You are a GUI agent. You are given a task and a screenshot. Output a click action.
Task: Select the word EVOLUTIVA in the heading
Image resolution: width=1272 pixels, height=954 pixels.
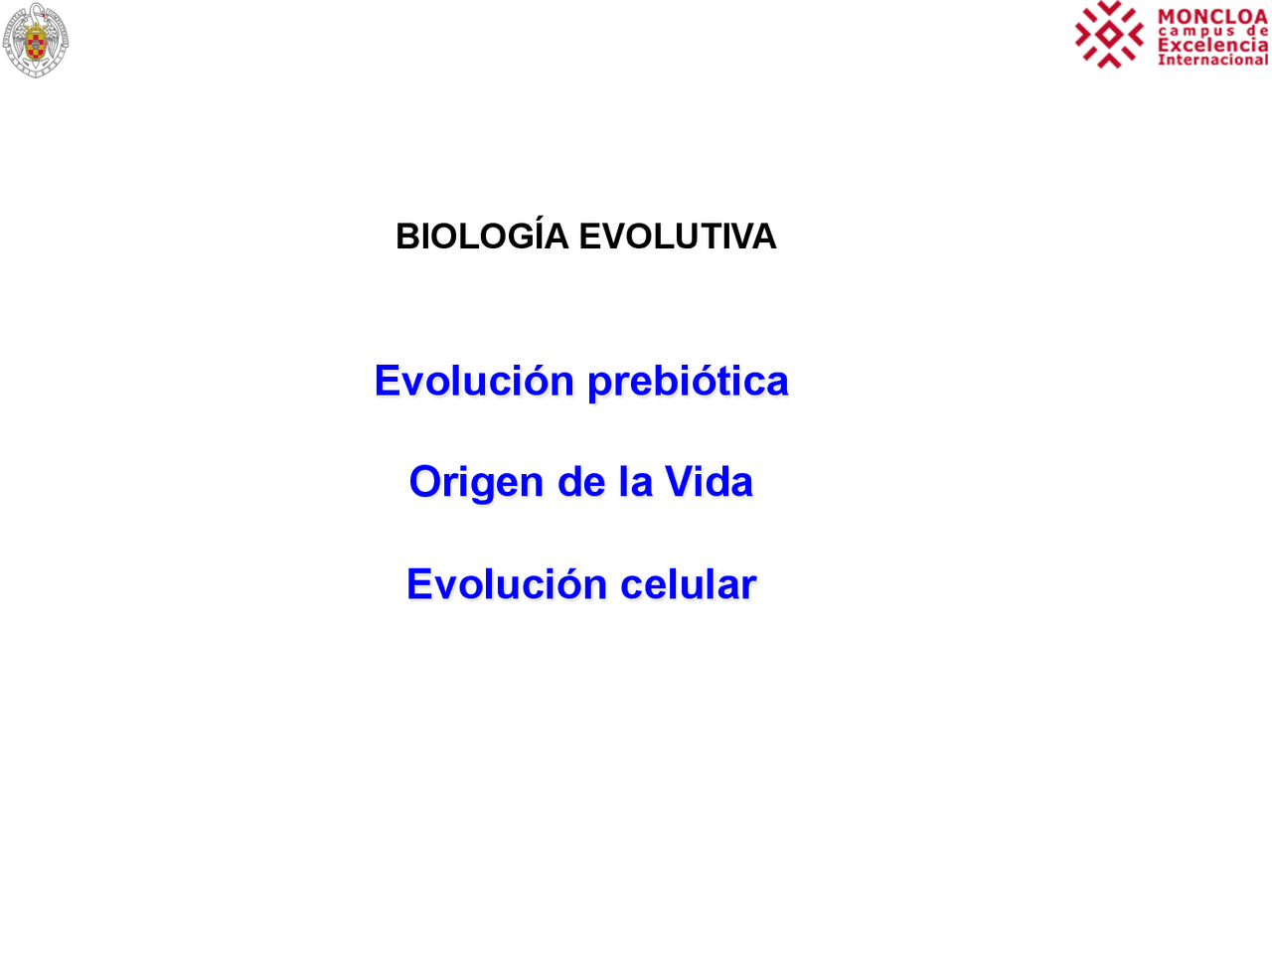(677, 237)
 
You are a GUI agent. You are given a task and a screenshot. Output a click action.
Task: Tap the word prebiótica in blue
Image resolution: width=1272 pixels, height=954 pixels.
(688, 382)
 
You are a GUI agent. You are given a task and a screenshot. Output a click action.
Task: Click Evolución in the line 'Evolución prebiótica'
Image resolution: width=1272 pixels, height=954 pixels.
(474, 381)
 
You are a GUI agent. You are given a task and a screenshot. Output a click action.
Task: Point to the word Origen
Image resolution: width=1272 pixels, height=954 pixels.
(476, 483)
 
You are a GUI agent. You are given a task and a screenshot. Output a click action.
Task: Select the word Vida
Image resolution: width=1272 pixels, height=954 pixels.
(709, 482)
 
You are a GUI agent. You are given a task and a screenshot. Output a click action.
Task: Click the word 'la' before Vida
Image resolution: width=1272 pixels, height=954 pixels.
(635, 482)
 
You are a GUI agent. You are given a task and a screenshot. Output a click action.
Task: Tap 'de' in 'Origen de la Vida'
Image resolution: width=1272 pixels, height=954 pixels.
(581, 482)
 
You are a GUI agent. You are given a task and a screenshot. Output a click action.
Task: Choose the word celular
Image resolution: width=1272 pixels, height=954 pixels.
(688, 584)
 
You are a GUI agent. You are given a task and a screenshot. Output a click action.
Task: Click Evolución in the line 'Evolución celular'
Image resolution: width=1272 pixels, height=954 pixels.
(507, 584)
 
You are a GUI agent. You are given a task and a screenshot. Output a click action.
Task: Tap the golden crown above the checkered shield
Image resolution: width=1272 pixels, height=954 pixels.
(36, 28)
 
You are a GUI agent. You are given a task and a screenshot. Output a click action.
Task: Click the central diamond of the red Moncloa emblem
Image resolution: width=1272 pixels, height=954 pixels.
(1109, 35)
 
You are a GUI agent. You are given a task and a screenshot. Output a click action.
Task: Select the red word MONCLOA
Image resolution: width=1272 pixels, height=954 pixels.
(1212, 17)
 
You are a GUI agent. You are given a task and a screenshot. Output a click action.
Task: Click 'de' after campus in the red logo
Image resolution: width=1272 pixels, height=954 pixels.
(1257, 31)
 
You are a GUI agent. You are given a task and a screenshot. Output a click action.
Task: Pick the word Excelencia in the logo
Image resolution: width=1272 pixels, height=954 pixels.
(1212, 45)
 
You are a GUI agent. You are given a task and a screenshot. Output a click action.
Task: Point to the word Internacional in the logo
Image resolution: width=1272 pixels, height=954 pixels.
(1212, 60)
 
